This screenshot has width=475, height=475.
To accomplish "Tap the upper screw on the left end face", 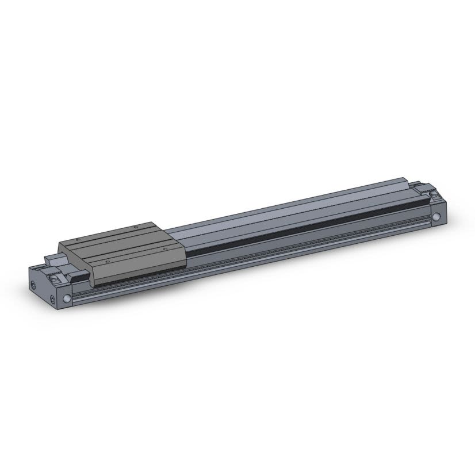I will pos(34,286).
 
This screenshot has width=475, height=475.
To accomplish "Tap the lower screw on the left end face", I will pos(54,301).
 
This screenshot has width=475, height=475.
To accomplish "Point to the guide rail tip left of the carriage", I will pos(52,259).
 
